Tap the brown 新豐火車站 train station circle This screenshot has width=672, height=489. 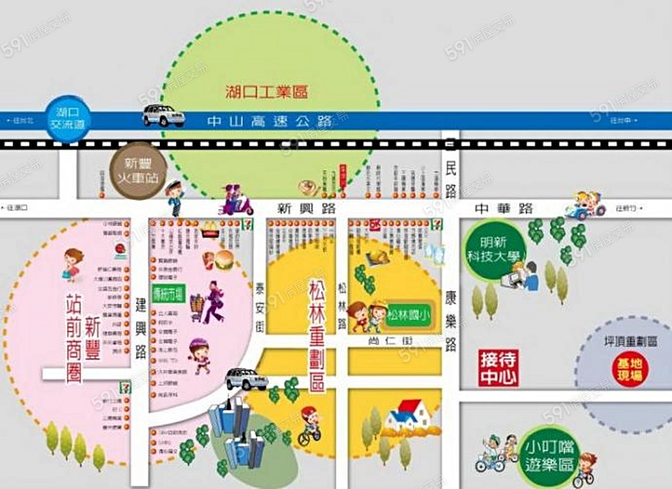tap(137, 171)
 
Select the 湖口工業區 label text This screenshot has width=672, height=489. tap(267, 93)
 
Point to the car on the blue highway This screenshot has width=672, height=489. tap(164, 116)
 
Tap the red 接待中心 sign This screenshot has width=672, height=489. tap(498, 368)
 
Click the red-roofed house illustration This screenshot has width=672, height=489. tap(408, 415)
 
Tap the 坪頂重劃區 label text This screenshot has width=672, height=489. tap(630, 341)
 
